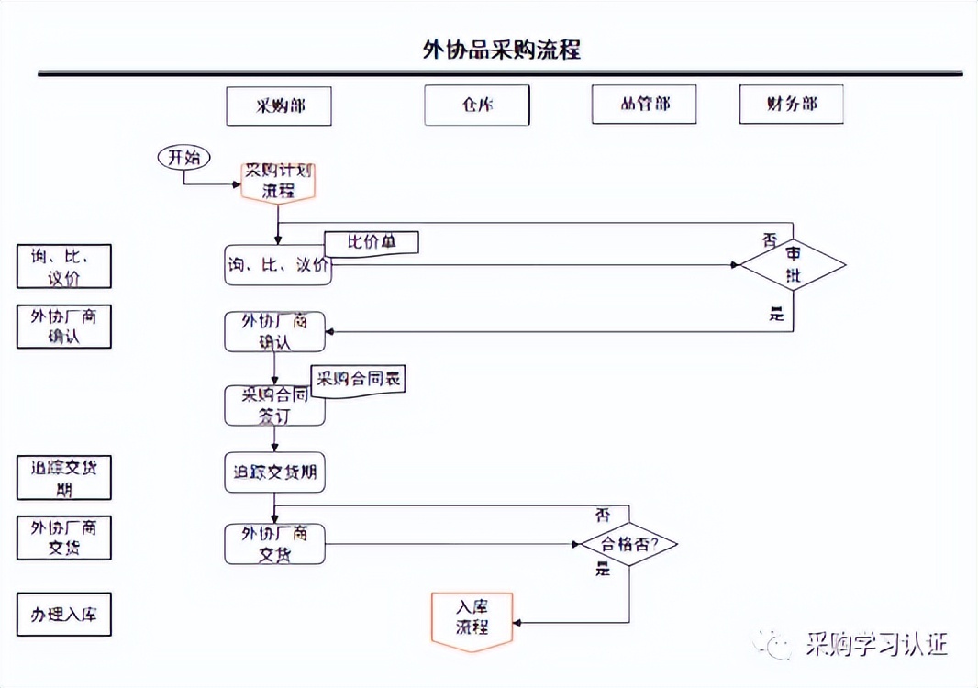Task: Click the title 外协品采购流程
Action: [x=501, y=50]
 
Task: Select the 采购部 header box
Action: [x=279, y=105]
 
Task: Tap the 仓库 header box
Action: [x=477, y=105]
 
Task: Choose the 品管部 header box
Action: [x=644, y=105]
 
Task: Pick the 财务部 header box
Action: [x=791, y=105]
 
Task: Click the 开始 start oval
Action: [x=183, y=158]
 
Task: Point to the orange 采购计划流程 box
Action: [x=278, y=181]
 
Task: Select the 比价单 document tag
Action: [x=371, y=242]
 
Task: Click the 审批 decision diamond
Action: [x=793, y=265]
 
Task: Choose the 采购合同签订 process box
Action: [x=275, y=405]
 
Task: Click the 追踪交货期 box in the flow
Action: [x=275, y=473]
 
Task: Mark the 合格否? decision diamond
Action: [x=629, y=544]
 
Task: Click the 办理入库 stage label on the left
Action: [x=64, y=615]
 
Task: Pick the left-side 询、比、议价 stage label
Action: [x=64, y=267]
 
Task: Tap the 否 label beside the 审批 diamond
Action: [x=770, y=240]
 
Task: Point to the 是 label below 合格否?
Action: [x=603, y=570]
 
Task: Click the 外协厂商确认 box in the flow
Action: [x=275, y=332]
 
